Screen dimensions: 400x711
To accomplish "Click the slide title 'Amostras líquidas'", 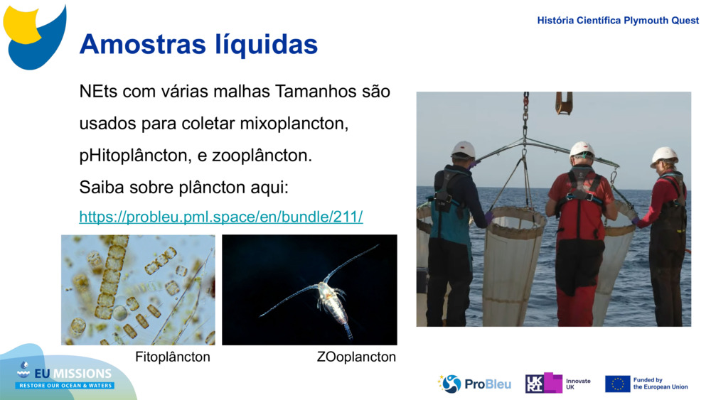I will [x=198, y=44].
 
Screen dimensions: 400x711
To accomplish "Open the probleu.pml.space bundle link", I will [x=221, y=217].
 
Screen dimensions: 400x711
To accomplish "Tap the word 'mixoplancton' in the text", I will [x=294, y=123].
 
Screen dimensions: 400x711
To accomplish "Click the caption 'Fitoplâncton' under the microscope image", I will [x=173, y=357].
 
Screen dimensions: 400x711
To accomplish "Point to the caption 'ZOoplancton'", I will [x=356, y=357].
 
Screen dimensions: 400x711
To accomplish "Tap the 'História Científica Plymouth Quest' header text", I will [x=618, y=21].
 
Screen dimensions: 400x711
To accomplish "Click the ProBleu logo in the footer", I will [x=475, y=384].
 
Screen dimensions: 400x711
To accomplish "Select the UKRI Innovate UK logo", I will [x=558, y=384].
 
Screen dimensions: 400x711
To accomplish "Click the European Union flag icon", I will [x=617, y=384].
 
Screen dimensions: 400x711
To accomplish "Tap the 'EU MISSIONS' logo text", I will [x=65, y=374].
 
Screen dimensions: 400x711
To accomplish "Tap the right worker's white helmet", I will [x=664, y=155].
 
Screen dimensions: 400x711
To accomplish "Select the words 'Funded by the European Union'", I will [x=661, y=384].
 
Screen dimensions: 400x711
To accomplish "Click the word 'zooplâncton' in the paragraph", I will [x=268, y=155].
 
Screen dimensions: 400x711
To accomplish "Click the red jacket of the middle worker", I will [x=581, y=206].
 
